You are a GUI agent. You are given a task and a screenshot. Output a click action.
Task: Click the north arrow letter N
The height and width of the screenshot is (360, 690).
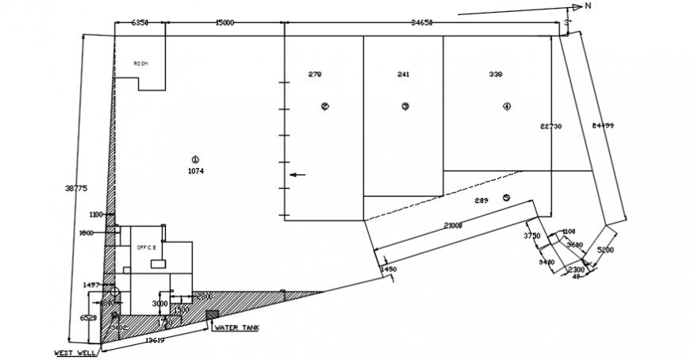588,6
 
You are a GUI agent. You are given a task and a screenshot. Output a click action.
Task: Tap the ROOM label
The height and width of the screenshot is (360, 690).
141,63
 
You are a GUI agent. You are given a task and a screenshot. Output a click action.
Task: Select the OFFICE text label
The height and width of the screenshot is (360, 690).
147,247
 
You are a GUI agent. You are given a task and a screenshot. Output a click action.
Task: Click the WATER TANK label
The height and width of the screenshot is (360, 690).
236,327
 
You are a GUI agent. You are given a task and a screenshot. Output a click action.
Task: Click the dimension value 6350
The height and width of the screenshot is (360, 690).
140,23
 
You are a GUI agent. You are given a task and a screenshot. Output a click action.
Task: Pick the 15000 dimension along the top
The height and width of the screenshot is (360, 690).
224,23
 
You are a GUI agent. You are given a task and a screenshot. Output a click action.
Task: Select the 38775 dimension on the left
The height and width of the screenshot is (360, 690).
75,188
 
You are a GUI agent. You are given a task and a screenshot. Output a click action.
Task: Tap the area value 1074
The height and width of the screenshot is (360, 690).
197,170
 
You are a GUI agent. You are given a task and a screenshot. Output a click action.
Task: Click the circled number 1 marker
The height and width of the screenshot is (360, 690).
197,159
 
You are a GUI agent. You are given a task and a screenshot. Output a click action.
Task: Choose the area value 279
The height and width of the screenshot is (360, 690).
315,75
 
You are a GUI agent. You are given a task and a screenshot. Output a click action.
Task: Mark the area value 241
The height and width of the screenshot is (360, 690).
403,75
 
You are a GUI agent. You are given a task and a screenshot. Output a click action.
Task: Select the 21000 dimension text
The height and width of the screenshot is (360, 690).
453,226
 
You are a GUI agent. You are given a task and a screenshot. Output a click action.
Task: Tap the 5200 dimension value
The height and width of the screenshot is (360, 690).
605,250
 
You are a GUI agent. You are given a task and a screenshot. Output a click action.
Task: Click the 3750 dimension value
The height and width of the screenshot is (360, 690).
532,236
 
